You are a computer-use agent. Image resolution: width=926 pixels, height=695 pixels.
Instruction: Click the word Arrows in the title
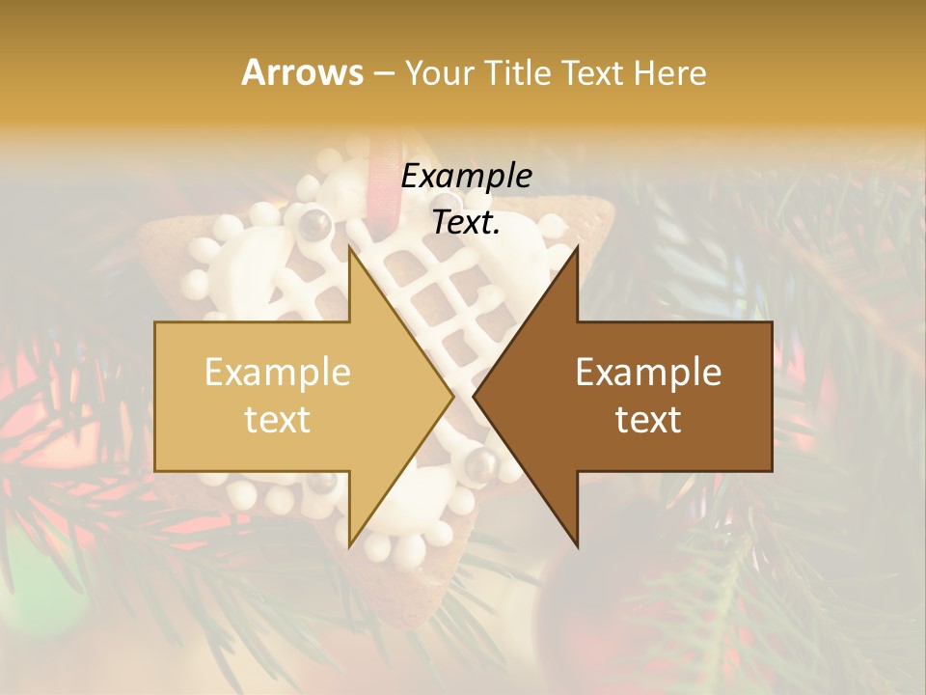(302, 72)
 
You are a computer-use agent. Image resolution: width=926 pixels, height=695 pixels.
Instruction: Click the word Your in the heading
(440, 72)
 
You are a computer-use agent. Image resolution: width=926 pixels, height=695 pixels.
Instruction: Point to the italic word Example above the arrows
(466, 177)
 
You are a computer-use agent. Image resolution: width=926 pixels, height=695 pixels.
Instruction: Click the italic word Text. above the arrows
(466, 223)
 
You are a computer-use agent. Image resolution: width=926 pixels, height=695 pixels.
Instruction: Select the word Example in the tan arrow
(278, 373)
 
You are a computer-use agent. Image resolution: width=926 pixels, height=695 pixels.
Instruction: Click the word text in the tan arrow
(278, 420)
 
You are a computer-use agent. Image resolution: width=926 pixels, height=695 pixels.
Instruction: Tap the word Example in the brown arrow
(648, 373)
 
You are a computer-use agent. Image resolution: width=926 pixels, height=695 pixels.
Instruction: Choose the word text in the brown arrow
(648, 420)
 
